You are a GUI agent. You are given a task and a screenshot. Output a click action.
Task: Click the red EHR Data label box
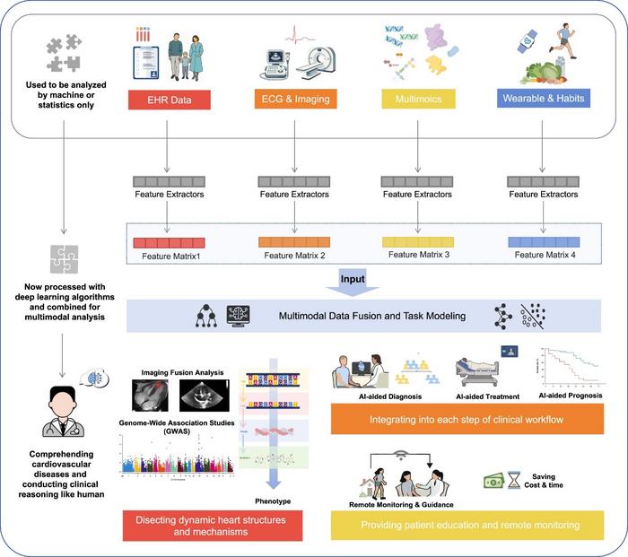pyautogui.click(x=169, y=97)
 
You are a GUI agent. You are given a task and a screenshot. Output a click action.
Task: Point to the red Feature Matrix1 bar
pyautogui.click(x=169, y=243)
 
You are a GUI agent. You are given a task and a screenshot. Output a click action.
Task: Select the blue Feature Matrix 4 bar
pyautogui.click(x=545, y=242)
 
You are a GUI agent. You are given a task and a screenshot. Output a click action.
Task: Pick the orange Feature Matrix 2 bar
pyautogui.click(x=295, y=243)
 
